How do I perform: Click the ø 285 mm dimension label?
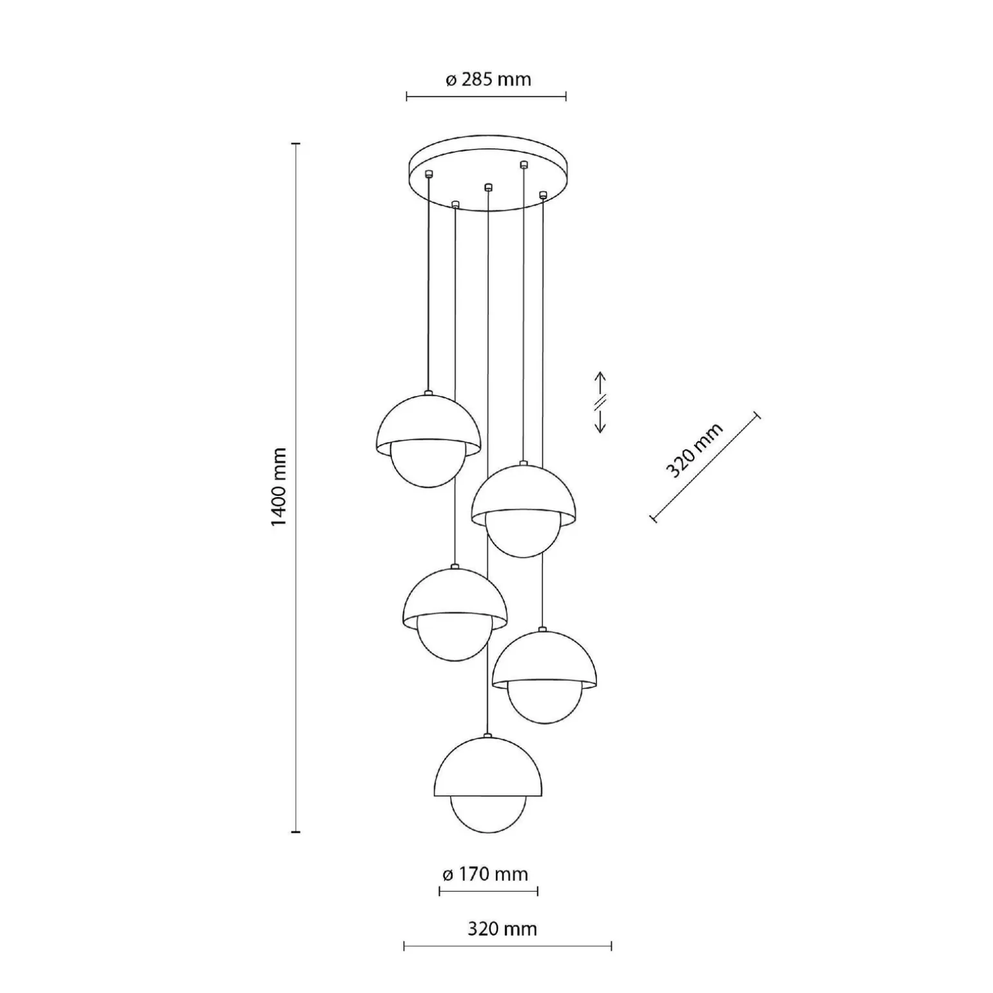point(488,80)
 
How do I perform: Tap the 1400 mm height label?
point(279,487)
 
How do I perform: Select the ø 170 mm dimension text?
point(485,874)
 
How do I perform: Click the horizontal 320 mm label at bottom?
point(502,929)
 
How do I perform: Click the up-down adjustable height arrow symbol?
point(600,402)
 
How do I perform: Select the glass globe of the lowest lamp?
point(488,814)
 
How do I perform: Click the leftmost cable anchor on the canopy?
point(428,173)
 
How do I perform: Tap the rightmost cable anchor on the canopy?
point(543,194)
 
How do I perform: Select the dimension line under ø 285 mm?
point(486,97)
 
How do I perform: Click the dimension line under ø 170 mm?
point(488,892)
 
